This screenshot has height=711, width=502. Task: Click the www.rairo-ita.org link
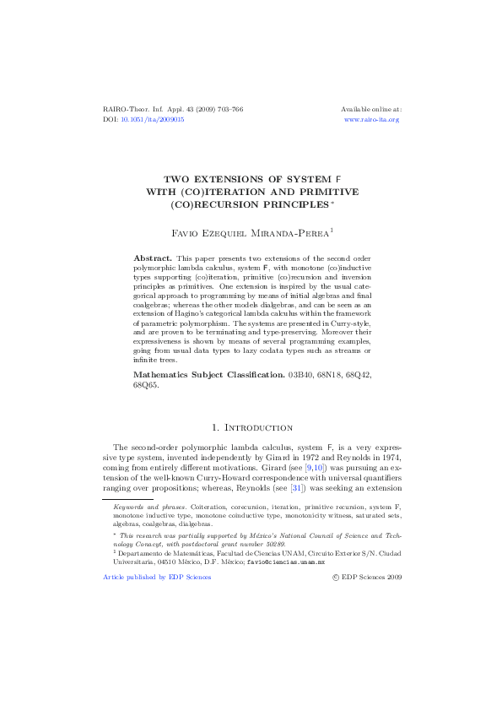pos(371,120)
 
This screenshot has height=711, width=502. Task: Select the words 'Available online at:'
pos(370,110)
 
